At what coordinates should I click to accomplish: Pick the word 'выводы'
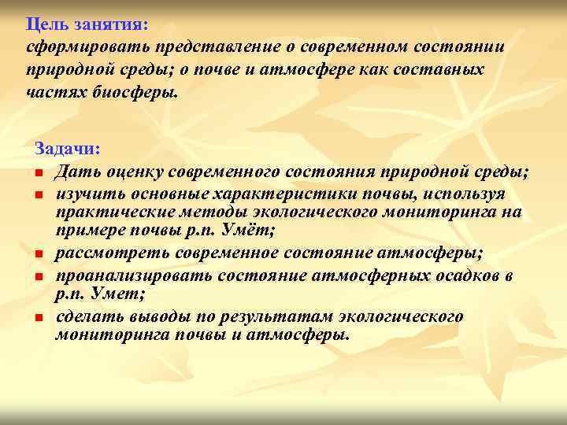tap(155, 316)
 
